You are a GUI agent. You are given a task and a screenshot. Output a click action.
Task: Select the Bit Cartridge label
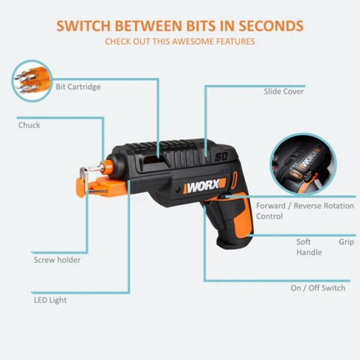(78, 87)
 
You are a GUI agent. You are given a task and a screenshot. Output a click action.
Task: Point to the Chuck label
(29, 125)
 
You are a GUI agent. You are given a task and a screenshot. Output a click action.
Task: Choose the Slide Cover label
(284, 92)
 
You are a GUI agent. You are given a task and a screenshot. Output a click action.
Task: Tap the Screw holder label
(56, 260)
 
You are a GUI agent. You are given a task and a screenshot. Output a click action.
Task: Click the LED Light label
(50, 300)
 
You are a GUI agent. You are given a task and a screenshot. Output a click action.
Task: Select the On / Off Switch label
(318, 288)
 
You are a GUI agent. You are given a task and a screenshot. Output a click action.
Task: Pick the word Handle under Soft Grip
(309, 253)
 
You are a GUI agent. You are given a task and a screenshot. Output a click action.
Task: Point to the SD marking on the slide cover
(220, 158)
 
